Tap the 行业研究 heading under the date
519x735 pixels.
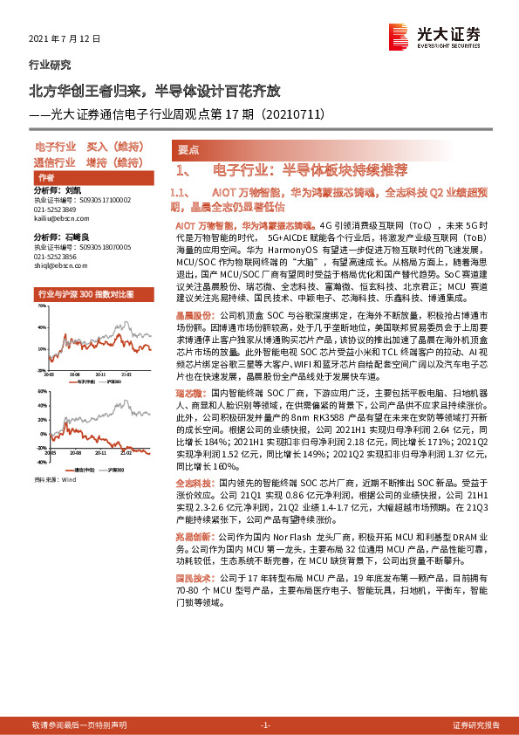[51, 64]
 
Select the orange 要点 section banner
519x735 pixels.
[188, 150]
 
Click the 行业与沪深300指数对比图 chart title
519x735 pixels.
[85, 294]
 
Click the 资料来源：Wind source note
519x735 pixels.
[54, 479]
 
